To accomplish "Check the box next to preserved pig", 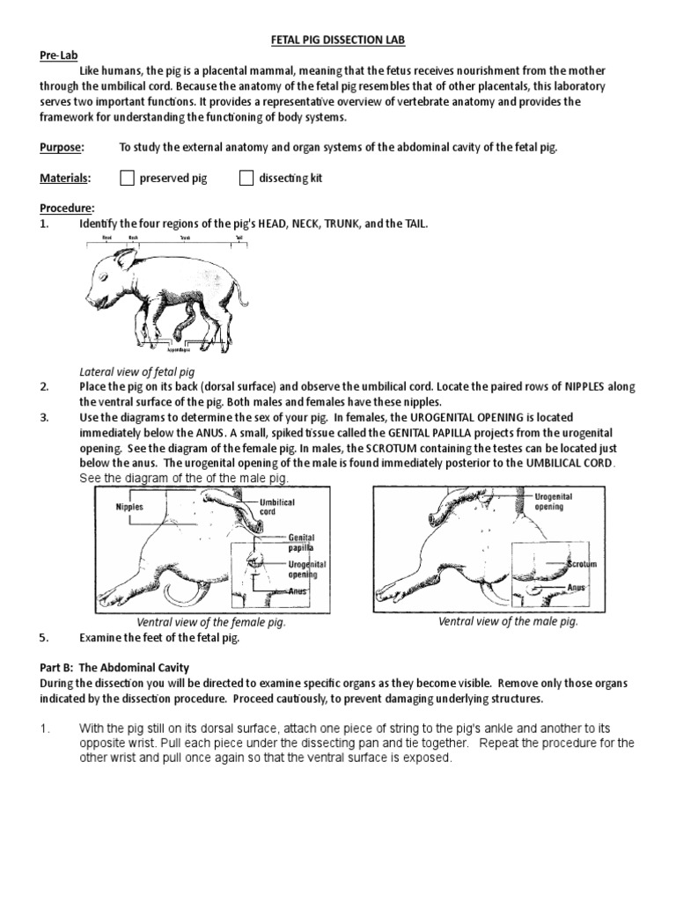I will pyautogui.click(x=127, y=179).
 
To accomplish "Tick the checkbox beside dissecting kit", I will pyautogui.click(x=247, y=179).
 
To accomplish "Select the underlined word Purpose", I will pyautogui.click(x=62, y=147).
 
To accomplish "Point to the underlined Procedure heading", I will pyautogui.click(x=67, y=209).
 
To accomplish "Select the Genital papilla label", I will pyautogui.click(x=301, y=542).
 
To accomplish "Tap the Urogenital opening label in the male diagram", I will pyautogui.click(x=554, y=502).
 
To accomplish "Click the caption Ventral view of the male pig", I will pyautogui.click(x=508, y=621).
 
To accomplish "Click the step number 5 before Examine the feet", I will pyautogui.click(x=44, y=638).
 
